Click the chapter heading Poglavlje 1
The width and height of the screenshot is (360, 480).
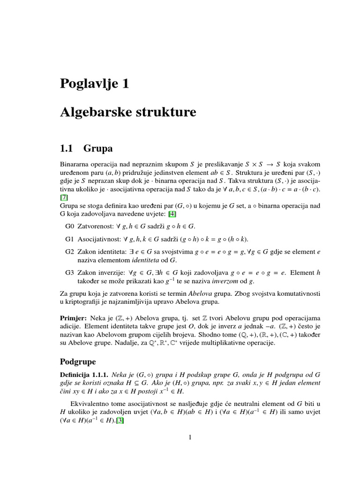(x=94, y=84)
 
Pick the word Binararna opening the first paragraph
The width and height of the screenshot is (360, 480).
(x=76, y=165)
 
